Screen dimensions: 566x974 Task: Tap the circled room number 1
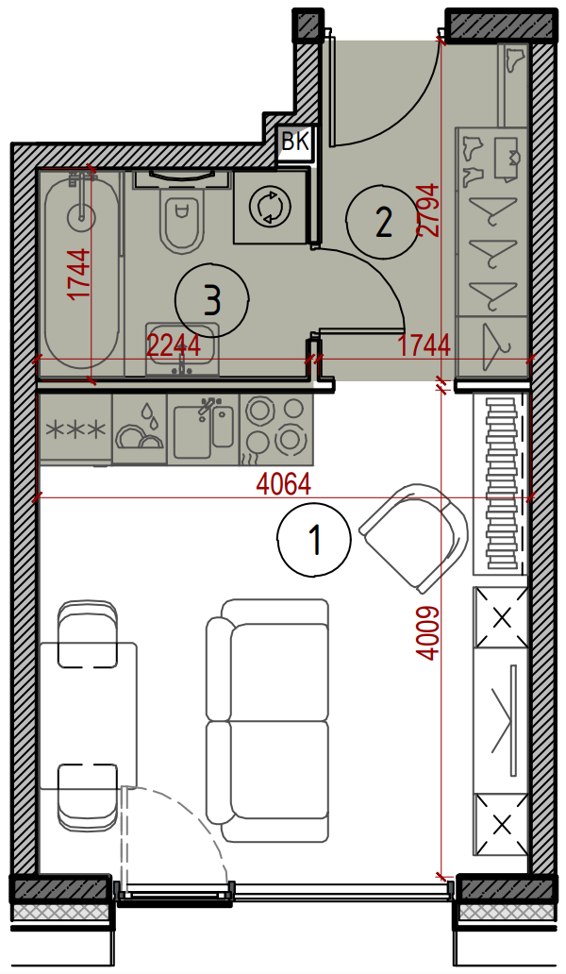pos(315,539)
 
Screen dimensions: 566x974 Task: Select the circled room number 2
pos(383,222)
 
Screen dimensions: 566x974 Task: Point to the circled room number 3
pos(211,301)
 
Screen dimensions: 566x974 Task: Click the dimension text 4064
pos(284,484)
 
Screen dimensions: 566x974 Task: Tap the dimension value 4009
pos(429,633)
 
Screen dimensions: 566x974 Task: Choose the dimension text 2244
pos(174,344)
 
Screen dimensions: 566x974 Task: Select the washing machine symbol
pos(271,207)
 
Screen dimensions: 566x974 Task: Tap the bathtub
pos(81,272)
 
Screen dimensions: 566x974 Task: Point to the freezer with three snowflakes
pos(75,429)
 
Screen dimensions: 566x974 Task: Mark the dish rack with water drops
pos(141,429)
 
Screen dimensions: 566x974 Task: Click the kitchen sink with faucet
pos(203,429)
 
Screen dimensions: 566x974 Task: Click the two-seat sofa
pos(268,720)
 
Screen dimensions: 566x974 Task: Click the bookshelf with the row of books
pos(501,484)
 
